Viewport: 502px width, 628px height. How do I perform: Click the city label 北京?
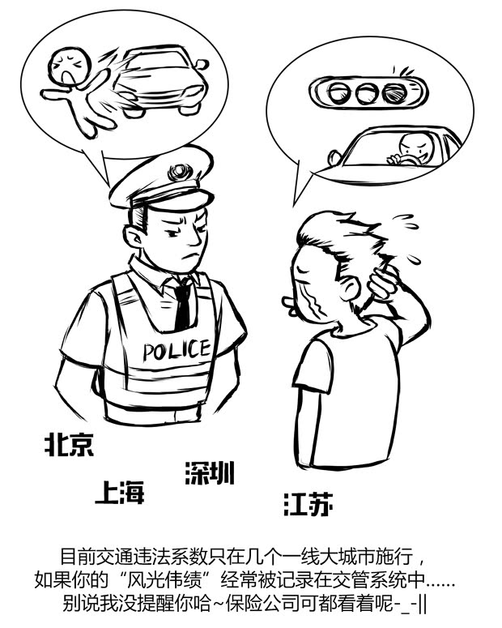[69, 443]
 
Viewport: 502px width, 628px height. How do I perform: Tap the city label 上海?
[119, 492]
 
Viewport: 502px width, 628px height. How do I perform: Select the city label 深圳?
[210, 472]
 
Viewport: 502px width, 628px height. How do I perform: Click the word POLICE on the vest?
[177, 351]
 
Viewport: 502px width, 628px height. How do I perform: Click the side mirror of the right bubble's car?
[332, 156]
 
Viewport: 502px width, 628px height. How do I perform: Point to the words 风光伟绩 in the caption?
[160, 581]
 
